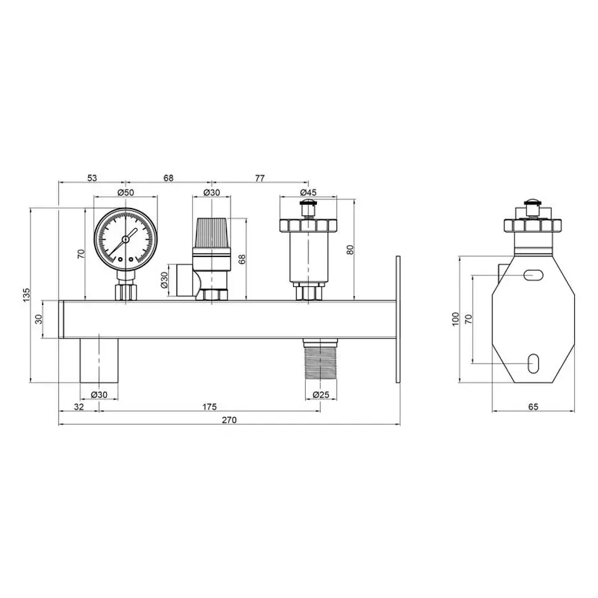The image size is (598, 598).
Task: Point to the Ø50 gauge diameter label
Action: click(x=125, y=192)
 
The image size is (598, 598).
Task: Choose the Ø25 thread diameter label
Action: click(x=321, y=395)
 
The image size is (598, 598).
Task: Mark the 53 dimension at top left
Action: click(x=92, y=177)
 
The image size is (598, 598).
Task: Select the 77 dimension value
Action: click(x=259, y=177)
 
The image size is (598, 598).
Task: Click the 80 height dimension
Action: click(x=351, y=250)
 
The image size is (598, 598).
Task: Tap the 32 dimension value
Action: click(x=79, y=407)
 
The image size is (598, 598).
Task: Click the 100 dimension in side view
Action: click(x=456, y=318)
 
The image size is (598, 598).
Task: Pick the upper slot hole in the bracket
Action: click(x=534, y=275)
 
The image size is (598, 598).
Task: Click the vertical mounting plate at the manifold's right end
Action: click(x=398, y=320)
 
